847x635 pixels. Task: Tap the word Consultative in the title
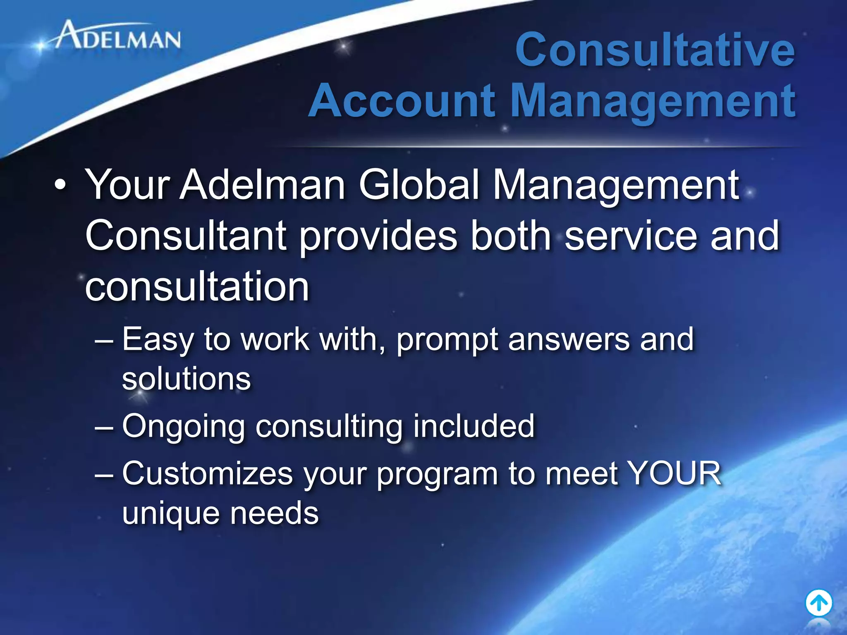(655, 50)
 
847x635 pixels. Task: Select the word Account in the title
(402, 101)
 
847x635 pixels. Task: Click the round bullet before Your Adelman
(60, 186)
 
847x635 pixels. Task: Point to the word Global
(419, 185)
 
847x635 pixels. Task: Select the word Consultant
(186, 236)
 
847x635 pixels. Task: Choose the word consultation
(197, 287)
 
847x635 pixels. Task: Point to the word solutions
(187, 379)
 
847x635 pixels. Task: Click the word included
(474, 426)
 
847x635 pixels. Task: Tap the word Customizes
(207, 474)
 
